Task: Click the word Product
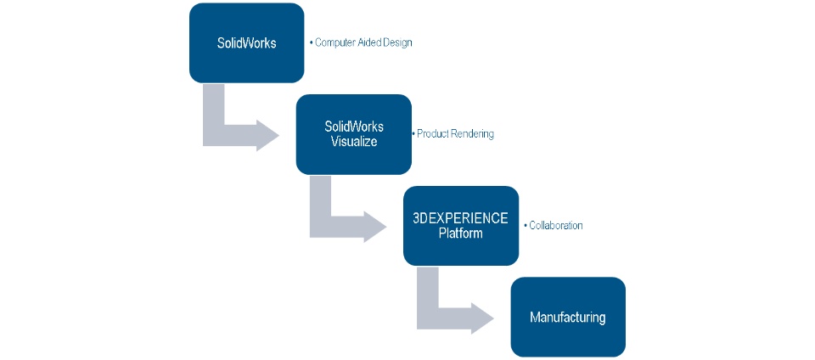(435, 134)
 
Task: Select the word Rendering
(474, 134)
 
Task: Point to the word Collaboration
(556, 226)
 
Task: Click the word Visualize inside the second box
(354, 141)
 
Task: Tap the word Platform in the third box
(460, 233)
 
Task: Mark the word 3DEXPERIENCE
(460, 218)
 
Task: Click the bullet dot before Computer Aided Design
(311, 42)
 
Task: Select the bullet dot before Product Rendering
(414, 134)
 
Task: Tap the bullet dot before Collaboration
(525, 226)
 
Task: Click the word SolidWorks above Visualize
(354, 127)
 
